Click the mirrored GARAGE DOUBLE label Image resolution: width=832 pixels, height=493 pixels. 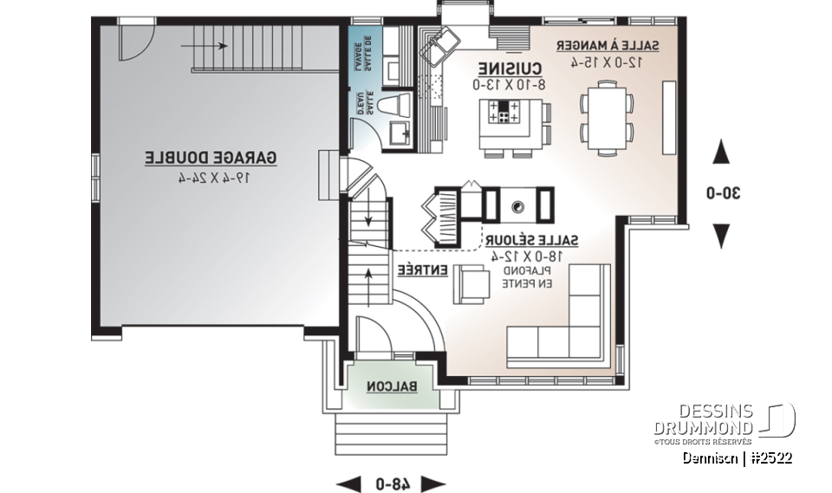click(x=211, y=158)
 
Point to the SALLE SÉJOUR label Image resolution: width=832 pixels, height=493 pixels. click(x=531, y=239)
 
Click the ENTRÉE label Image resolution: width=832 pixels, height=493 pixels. click(x=422, y=271)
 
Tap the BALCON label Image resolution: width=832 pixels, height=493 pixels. click(x=391, y=386)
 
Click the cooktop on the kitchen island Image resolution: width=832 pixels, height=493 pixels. click(x=504, y=112)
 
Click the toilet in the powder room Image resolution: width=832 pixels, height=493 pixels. click(x=395, y=106)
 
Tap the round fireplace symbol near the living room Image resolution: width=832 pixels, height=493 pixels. click(x=518, y=206)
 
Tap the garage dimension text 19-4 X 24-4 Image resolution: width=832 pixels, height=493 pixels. click(x=211, y=178)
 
